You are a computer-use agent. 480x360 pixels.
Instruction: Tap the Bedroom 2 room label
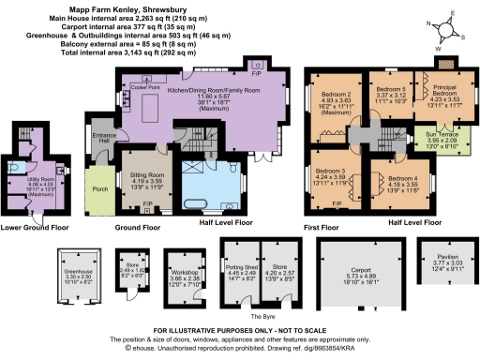tap(336, 95)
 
